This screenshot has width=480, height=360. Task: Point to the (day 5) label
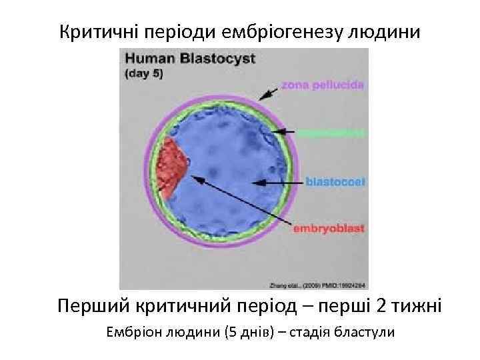[143, 73]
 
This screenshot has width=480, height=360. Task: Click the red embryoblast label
[329, 229]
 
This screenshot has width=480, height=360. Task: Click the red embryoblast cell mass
[173, 167]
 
